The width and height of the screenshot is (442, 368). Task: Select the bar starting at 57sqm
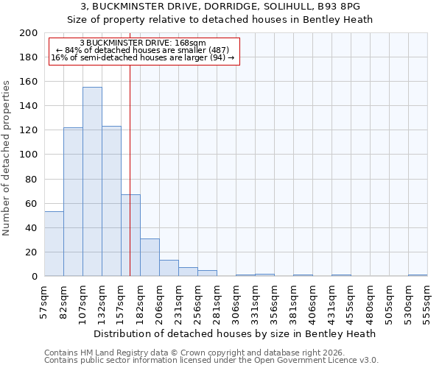54,244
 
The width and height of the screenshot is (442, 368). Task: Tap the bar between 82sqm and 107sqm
73,202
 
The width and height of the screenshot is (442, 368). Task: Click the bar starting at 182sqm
150,258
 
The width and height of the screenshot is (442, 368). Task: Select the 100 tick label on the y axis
28,155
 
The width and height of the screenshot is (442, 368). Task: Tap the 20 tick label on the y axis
31,252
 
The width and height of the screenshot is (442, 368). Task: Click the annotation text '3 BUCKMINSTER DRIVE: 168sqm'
143,43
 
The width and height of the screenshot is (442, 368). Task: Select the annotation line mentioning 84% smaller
143,50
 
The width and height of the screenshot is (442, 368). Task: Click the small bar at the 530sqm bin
418,275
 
